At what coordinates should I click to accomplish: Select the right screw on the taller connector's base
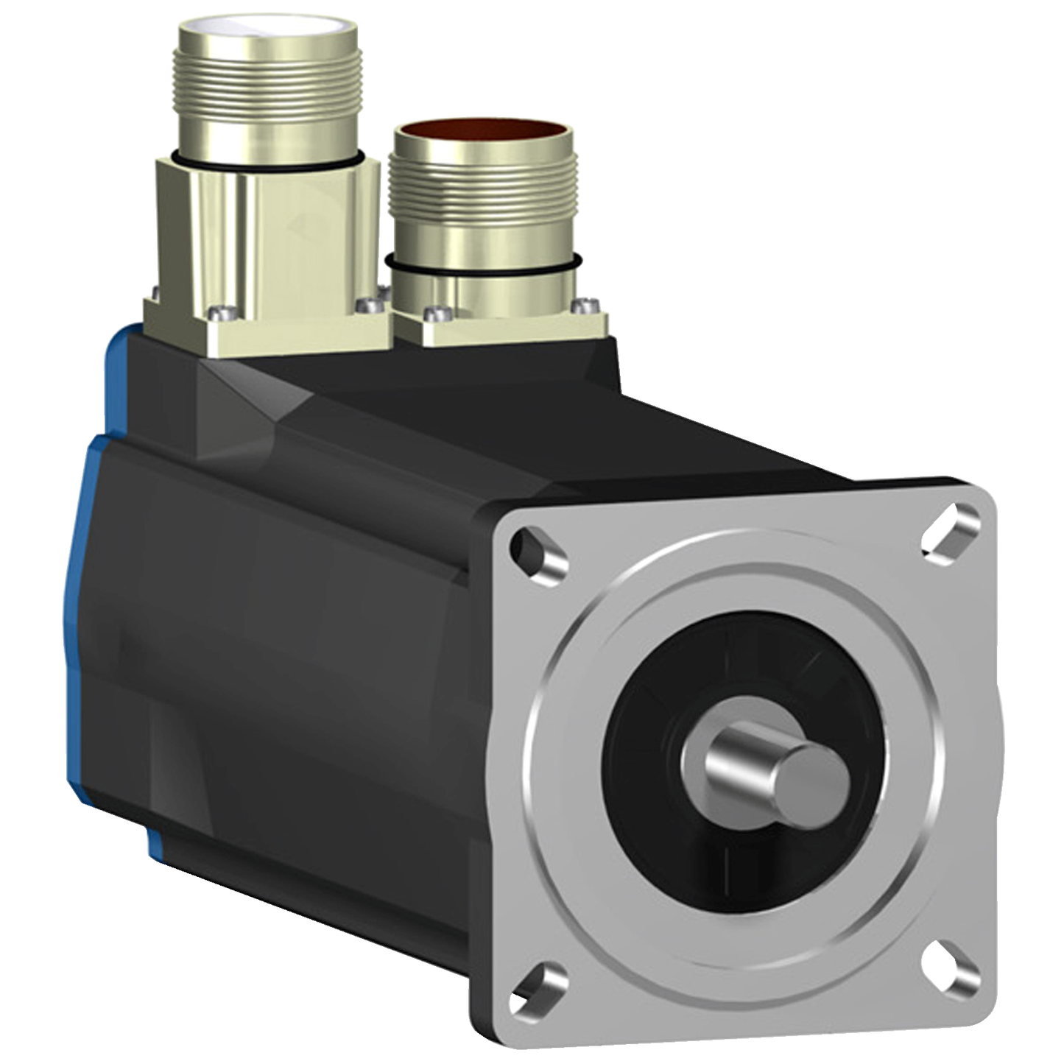click(x=363, y=303)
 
